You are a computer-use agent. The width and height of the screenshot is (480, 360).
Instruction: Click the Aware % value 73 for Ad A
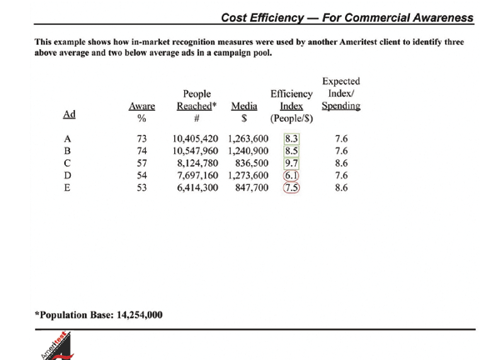tap(142, 138)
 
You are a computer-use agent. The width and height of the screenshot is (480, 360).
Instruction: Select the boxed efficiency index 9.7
tap(292, 163)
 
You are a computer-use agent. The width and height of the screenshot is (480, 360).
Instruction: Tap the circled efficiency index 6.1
tap(291, 175)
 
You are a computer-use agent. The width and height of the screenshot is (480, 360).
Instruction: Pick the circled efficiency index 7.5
tap(292, 187)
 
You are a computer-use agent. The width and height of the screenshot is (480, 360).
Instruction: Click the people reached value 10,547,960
tap(195, 151)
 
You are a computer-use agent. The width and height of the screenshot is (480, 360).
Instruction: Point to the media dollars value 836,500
tap(252, 163)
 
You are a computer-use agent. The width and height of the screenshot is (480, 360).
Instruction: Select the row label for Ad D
tap(67, 175)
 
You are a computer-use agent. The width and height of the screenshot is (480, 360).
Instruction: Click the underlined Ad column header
tap(69, 114)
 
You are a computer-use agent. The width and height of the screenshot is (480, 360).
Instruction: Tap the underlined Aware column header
tap(142, 106)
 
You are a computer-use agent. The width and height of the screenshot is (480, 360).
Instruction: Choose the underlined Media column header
tap(244, 106)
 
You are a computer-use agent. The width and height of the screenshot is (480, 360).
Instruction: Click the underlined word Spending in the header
tap(341, 106)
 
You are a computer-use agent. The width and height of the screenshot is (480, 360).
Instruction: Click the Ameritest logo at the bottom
tap(57, 346)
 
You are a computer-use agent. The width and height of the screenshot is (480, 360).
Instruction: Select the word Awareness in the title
tap(442, 17)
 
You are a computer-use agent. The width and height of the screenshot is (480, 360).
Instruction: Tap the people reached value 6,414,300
tap(197, 187)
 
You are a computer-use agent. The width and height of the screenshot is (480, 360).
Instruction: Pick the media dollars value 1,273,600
tap(248, 175)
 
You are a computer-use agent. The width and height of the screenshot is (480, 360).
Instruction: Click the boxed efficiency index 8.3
tap(292, 138)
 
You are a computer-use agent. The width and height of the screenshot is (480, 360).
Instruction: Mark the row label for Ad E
tap(67, 187)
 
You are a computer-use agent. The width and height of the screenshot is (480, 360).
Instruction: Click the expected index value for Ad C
tap(342, 163)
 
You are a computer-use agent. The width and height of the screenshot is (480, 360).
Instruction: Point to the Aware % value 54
tap(142, 175)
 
